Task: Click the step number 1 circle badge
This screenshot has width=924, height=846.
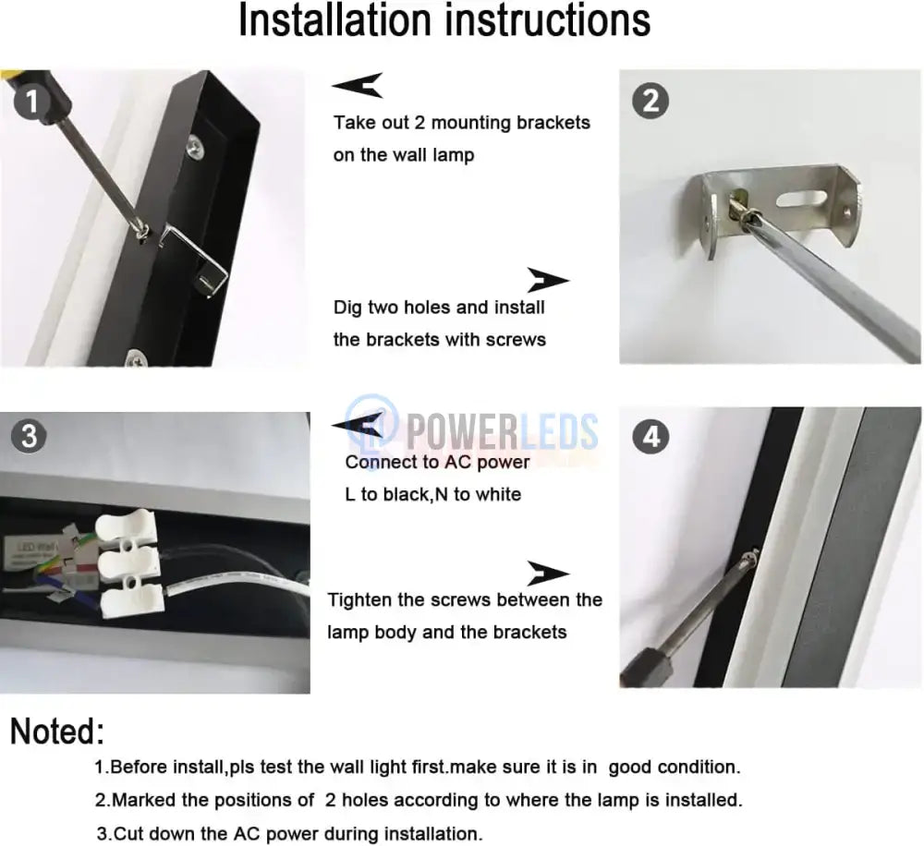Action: click(32, 102)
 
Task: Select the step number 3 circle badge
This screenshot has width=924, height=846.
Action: click(30, 435)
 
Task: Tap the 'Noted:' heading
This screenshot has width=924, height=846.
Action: click(57, 731)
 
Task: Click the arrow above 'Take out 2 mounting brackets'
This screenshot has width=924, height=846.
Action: click(357, 87)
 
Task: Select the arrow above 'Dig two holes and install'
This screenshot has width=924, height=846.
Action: click(547, 280)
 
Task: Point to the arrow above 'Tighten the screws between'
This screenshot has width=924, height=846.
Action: click(547, 573)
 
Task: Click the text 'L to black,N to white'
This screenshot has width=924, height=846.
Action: click(432, 494)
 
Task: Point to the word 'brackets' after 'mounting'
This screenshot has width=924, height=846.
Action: click(545, 122)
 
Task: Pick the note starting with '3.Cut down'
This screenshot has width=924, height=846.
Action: click(288, 833)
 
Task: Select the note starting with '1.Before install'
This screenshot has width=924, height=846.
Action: click(418, 767)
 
